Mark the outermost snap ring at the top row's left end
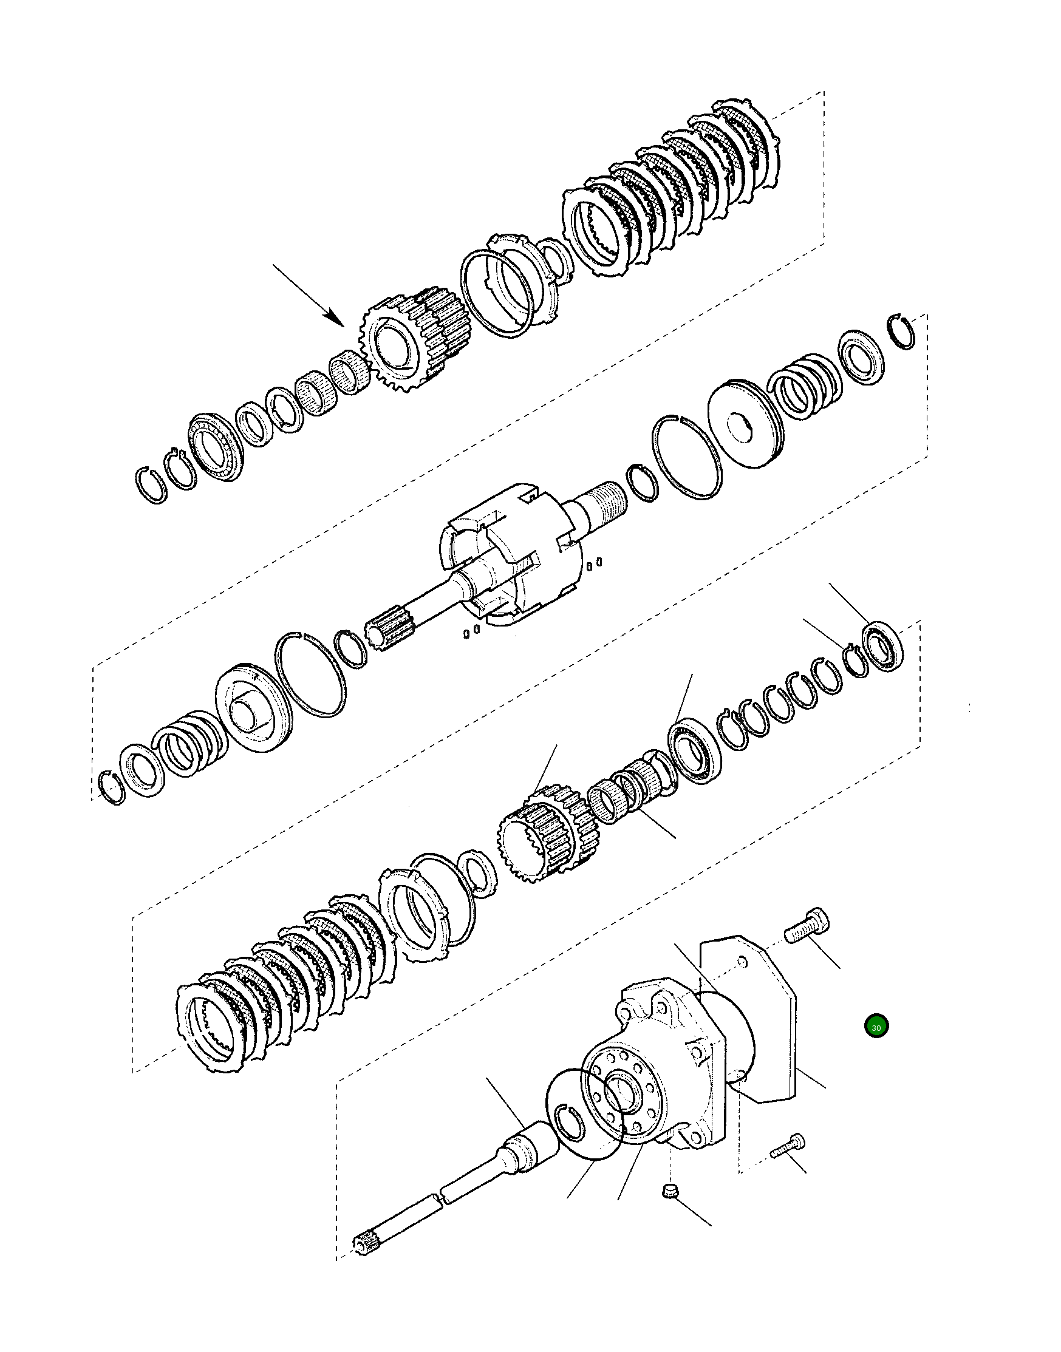point(151,483)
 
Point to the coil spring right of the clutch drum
point(804,384)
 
